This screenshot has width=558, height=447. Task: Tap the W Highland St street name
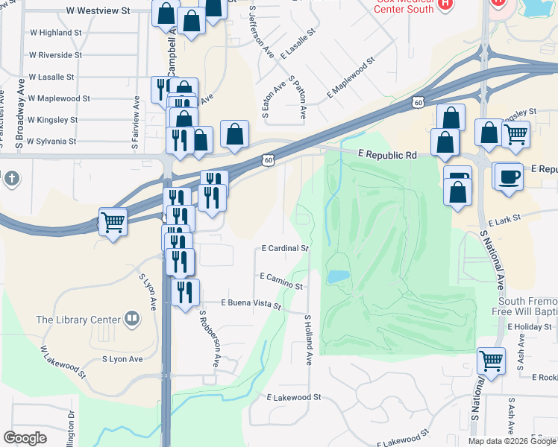[55, 33]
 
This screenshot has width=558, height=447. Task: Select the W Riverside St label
[55, 54]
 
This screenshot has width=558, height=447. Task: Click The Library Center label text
[78, 320]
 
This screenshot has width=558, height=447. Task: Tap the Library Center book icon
[132, 319]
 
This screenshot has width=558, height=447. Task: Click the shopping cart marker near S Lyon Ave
[113, 221]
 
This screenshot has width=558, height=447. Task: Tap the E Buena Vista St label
[251, 304]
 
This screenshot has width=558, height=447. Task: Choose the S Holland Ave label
[307, 340]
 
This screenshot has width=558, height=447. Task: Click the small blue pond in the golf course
[337, 276]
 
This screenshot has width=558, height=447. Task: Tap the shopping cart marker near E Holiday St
[491, 361]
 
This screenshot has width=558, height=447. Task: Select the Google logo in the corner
[25, 438]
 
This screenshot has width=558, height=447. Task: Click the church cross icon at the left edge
[10, 179]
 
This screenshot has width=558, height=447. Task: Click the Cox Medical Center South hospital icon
[446, 3]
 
